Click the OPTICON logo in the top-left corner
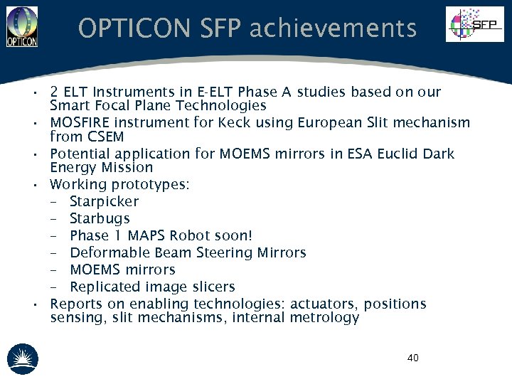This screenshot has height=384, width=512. click(22, 25)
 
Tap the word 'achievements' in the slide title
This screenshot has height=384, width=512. click(333, 28)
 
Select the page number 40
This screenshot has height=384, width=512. click(412, 358)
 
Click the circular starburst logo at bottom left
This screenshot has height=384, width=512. click(23, 358)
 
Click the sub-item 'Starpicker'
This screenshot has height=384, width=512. click(104, 202)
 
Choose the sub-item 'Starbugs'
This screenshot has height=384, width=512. click(100, 219)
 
